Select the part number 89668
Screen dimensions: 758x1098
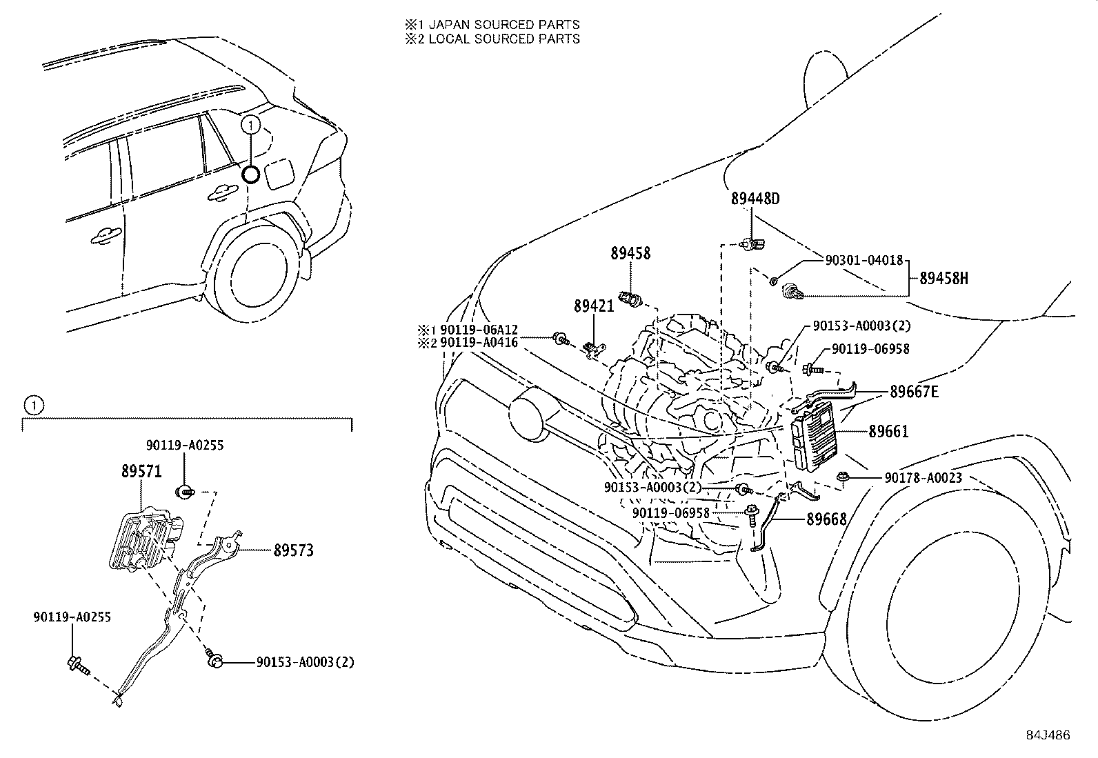click(x=826, y=519)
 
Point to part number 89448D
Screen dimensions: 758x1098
click(x=755, y=199)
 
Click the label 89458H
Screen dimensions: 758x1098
click(x=943, y=279)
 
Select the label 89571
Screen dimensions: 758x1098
click(x=141, y=471)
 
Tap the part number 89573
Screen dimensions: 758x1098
click(x=293, y=550)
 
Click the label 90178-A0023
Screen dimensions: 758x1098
click(x=923, y=477)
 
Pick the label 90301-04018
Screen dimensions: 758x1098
click(x=864, y=260)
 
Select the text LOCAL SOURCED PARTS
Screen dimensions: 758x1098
click(x=509, y=39)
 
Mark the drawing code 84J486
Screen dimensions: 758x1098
click(x=1047, y=735)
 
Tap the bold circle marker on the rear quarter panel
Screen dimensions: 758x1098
click(x=252, y=174)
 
